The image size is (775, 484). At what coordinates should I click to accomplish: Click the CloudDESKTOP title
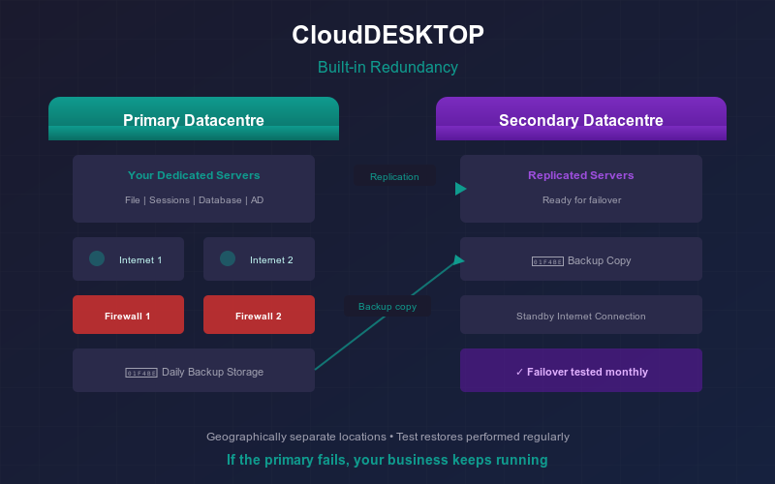pyautogui.click(x=387, y=36)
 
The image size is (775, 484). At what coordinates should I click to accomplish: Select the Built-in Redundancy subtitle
pyautogui.click(x=387, y=68)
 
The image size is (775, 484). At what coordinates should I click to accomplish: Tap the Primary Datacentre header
pyautogui.click(x=194, y=120)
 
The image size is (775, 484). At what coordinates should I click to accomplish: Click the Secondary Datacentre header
pyautogui.click(x=581, y=120)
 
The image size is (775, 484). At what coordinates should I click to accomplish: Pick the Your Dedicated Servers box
pyautogui.click(x=194, y=188)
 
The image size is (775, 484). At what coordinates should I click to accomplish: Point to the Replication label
pyautogui.click(x=394, y=177)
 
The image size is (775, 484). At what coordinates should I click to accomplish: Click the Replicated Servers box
pyautogui.click(x=581, y=188)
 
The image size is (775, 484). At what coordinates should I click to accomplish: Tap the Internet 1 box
pyautogui.click(x=128, y=259)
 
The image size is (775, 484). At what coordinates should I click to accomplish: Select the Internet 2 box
pyautogui.click(x=259, y=259)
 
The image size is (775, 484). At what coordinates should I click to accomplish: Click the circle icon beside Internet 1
pyautogui.click(x=97, y=258)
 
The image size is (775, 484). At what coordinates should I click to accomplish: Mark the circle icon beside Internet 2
pyautogui.click(x=228, y=258)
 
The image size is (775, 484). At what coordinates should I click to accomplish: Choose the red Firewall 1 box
pyautogui.click(x=128, y=315)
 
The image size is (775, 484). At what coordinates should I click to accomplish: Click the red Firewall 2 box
pyautogui.click(x=259, y=315)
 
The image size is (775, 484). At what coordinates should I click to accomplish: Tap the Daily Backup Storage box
pyautogui.click(x=194, y=371)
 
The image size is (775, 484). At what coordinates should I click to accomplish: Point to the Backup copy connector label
pyautogui.click(x=387, y=307)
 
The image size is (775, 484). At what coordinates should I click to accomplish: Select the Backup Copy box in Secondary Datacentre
pyautogui.click(x=581, y=259)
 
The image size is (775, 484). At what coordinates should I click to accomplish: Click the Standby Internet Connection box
pyautogui.click(x=581, y=316)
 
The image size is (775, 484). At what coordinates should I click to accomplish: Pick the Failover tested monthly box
pyautogui.click(x=581, y=371)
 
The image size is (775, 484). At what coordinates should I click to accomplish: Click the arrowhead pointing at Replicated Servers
pyautogui.click(x=460, y=189)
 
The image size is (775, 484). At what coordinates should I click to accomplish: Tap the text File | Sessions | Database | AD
pyautogui.click(x=194, y=200)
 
